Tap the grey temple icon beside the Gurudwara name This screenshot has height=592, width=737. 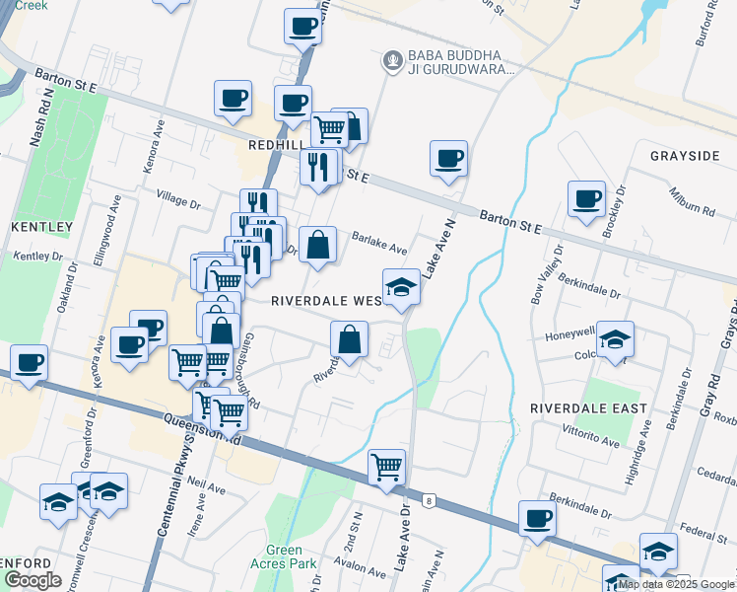tap(393, 62)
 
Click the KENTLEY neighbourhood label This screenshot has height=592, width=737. tap(41, 227)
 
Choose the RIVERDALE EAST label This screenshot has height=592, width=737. tap(588, 407)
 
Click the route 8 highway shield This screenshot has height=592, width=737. tap(430, 502)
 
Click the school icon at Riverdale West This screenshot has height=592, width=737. tap(401, 287)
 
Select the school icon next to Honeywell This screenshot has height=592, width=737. tap(616, 340)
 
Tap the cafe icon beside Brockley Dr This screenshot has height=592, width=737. tap(587, 198)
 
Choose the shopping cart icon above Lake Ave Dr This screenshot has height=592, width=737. tap(387, 466)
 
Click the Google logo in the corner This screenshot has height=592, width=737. tap(33, 580)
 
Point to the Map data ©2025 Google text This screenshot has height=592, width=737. tap(677, 584)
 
